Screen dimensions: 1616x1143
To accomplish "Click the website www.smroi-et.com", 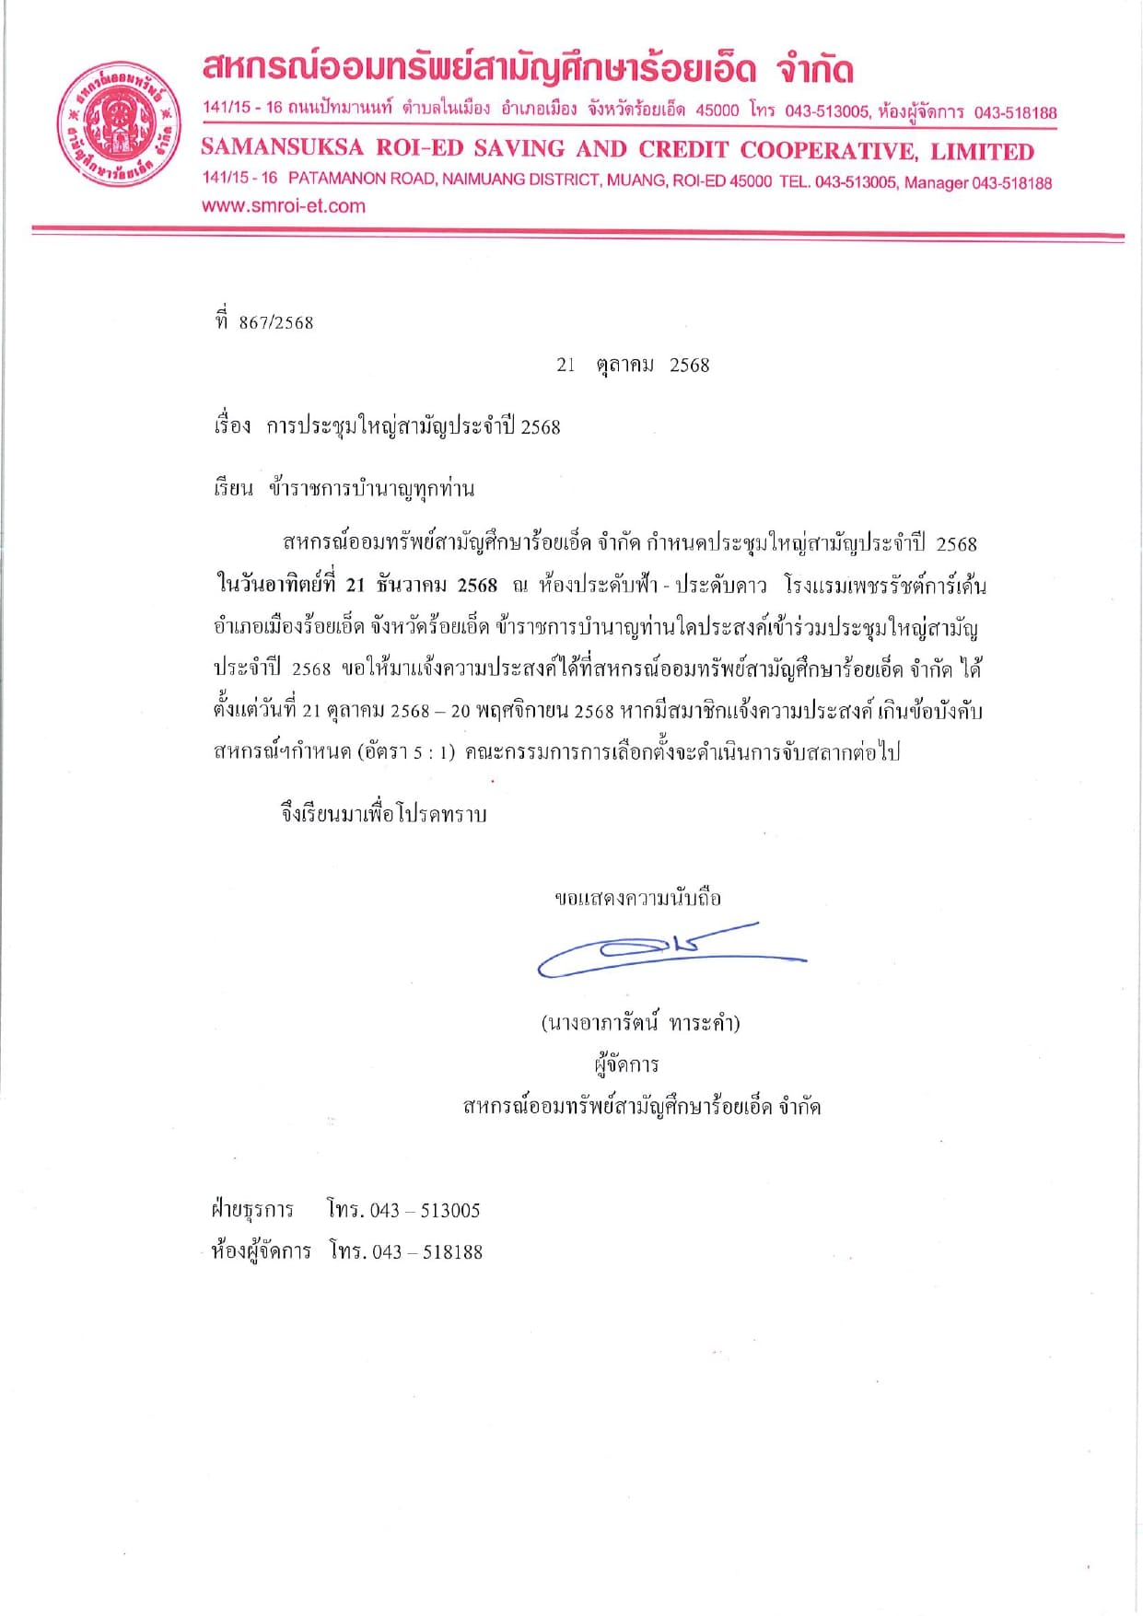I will click(284, 206).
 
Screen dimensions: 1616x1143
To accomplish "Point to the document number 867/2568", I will click(276, 323).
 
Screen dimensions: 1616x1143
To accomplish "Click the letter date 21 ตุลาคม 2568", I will click(633, 366).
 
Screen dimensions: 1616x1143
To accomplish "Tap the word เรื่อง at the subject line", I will click(232, 426).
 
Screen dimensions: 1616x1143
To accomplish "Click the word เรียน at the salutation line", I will click(233, 488).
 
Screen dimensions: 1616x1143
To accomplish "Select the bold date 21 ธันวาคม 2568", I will click(421, 586).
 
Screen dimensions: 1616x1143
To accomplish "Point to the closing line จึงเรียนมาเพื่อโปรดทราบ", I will click(383, 814).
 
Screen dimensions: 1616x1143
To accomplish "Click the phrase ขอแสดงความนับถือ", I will click(637, 898).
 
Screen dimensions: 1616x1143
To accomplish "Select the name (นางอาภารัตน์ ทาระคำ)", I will click(640, 1023).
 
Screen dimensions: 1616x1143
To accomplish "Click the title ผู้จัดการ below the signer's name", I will click(626, 1065).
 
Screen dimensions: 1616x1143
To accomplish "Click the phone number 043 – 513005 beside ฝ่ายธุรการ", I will click(425, 1210).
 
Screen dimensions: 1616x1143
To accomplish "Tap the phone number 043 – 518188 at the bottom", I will click(427, 1252).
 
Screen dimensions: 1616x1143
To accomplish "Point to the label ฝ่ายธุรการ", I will click(252, 1210).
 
